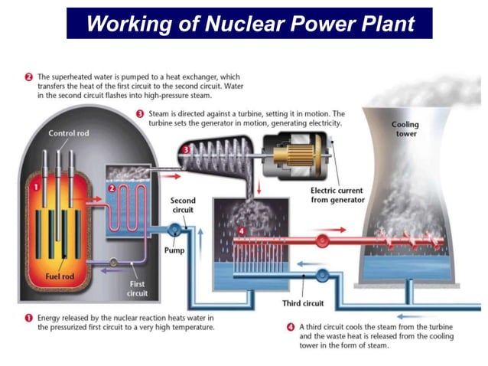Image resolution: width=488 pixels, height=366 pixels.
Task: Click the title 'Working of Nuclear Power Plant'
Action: tap(249, 23)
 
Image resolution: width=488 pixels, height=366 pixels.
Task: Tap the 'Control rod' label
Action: tap(69, 133)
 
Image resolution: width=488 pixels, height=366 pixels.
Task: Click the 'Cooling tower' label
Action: tap(405, 129)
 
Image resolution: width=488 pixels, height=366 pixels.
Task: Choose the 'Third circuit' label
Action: tap(304, 303)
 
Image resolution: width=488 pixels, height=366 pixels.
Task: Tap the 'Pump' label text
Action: tap(174, 250)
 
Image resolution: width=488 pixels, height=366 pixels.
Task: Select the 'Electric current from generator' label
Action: tap(337, 195)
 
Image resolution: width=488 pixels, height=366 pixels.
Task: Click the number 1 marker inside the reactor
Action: tap(34, 182)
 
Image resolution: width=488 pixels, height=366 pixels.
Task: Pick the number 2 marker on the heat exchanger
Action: tap(111, 188)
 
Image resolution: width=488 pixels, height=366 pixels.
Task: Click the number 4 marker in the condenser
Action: tap(240, 230)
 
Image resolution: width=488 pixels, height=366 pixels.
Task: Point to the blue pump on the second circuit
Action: tap(174, 227)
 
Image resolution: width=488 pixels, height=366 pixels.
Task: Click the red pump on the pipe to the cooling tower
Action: tap(321, 240)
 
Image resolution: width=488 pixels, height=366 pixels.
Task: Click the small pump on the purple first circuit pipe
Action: tap(114, 263)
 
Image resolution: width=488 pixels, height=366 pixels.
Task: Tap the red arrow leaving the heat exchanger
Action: tap(170, 175)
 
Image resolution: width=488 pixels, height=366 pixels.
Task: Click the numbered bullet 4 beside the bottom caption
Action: tap(291, 325)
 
